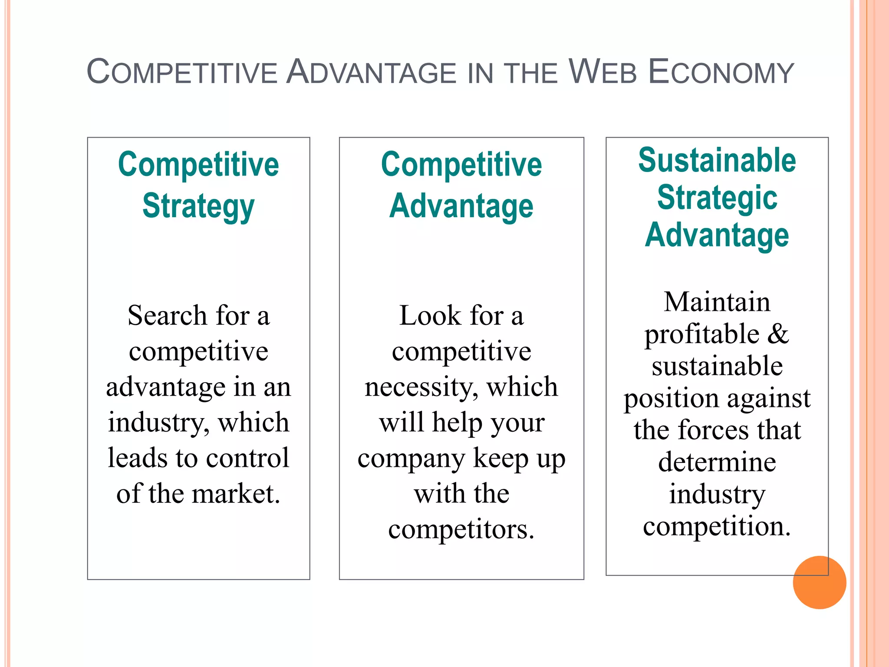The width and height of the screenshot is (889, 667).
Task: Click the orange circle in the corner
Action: (x=819, y=582)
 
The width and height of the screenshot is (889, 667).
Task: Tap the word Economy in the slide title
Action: (x=721, y=72)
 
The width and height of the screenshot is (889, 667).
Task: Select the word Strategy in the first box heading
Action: (x=198, y=206)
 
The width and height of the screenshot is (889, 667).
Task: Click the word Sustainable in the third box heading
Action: (x=717, y=160)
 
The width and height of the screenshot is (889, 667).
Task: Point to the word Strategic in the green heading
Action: (x=717, y=198)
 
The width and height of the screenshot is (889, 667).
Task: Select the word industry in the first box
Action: (x=159, y=422)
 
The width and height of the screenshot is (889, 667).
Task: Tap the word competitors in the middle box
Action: (x=461, y=529)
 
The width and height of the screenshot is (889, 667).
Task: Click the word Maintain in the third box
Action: (x=717, y=301)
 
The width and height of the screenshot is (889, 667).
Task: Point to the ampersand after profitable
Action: (x=778, y=333)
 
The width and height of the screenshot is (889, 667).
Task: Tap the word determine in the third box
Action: (x=717, y=462)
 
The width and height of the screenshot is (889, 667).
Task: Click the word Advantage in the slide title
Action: (x=371, y=72)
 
